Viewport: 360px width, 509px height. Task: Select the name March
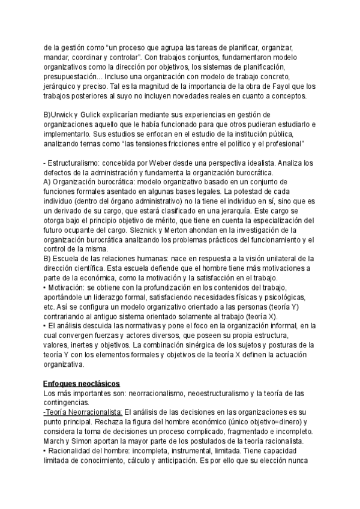tap(55, 442)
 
